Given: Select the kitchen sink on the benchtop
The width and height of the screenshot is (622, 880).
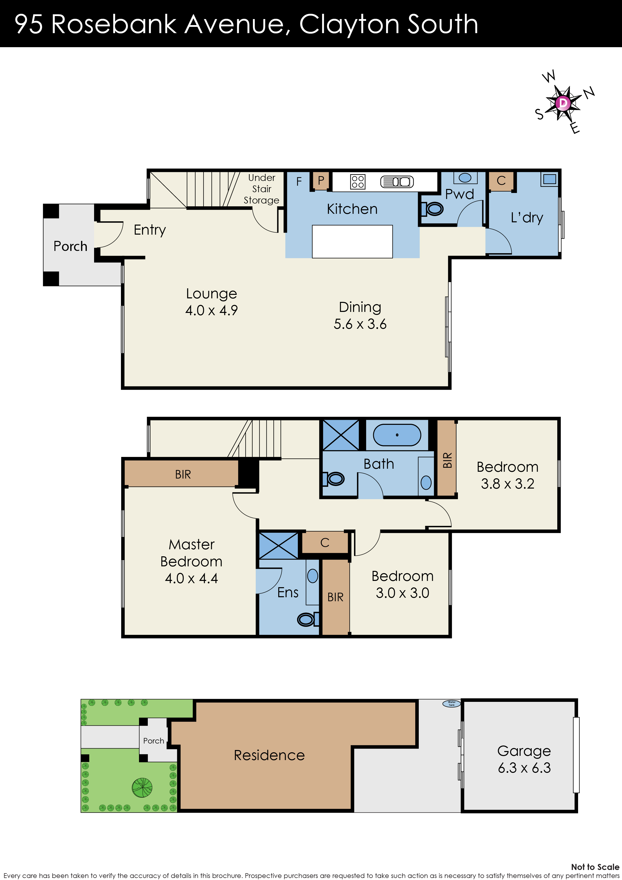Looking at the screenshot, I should click(x=397, y=182).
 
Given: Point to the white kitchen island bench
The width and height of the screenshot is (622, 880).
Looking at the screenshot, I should click(x=352, y=241).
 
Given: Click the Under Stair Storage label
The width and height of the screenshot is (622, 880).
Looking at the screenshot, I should click(x=261, y=189).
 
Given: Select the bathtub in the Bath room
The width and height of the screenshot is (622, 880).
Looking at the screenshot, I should click(x=397, y=435).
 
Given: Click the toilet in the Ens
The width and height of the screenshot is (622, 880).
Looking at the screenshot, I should click(x=307, y=619).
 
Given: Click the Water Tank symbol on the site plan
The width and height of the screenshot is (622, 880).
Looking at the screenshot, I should click(x=451, y=704).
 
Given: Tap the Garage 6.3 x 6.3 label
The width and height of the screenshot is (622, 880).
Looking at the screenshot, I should click(x=524, y=759).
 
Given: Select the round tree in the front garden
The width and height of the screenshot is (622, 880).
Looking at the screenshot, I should click(x=142, y=788).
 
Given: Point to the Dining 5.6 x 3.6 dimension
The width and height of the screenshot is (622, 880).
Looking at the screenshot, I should click(x=360, y=324).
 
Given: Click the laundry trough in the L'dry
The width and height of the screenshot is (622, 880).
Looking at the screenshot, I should click(x=549, y=179).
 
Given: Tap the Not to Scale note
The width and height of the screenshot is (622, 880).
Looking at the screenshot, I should click(x=595, y=867).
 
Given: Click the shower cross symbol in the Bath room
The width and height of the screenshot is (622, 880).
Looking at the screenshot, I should click(x=341, y=435).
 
